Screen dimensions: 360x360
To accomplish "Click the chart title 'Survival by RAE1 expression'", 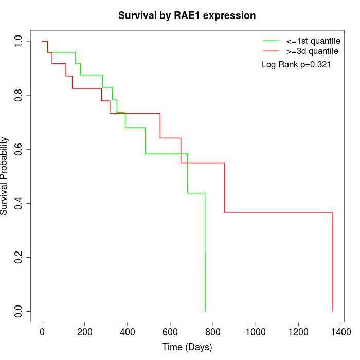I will [187, 15].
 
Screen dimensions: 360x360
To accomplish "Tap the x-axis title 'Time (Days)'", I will [187, 347].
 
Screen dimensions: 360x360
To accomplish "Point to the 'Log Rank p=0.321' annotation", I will [296, 65].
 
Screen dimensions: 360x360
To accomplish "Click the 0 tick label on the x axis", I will [42, 332].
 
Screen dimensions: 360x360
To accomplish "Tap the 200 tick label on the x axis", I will [84, 332].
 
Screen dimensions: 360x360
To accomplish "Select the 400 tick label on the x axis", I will [127, 332].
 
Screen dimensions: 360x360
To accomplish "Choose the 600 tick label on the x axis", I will [170, 332].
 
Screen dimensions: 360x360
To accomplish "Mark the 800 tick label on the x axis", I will [212, 332].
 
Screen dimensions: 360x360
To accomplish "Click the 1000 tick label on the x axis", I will [255, 332].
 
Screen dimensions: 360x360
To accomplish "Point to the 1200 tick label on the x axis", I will [298, 332].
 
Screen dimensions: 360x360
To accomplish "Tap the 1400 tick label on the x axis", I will [340, 332].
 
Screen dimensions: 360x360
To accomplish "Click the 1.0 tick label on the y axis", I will [19, 41].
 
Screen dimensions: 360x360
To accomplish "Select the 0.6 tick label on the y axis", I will [19, 149].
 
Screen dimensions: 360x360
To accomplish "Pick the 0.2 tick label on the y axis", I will [19, 257].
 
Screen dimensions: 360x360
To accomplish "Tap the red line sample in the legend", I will [271, 51].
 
